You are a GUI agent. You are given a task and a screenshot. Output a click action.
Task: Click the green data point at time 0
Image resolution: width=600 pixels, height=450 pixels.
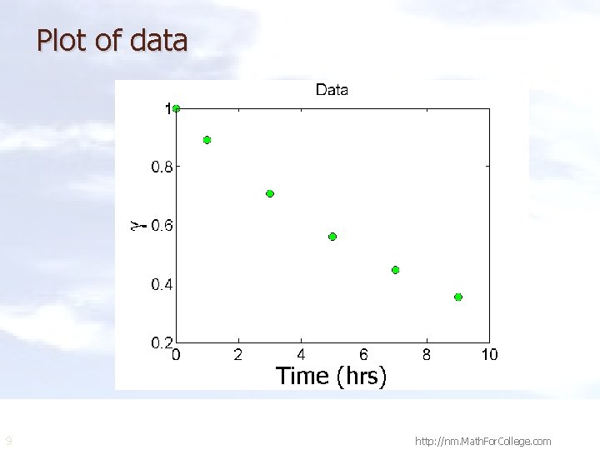pyautogui.click(x=176, y=108)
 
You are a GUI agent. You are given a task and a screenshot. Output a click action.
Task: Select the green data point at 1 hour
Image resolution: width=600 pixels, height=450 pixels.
pyautogui.click(x=207, y=140)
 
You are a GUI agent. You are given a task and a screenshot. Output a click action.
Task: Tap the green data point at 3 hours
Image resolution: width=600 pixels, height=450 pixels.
pyautogui.click(x=270, y=193)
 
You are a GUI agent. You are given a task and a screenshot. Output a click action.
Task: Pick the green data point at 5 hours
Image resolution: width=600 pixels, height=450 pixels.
pyautogui.click(x=332, y=237)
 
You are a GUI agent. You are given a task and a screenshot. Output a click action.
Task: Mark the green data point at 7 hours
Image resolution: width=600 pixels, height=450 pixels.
pyautogui.click(x=395, y=270)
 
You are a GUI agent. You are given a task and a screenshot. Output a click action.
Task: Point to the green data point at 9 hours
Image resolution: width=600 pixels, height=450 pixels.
pyautogui.click(x=458, y=297)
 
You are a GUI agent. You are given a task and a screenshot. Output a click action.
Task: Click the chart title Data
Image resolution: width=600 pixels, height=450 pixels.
pyautogui.click(x=332, y=90)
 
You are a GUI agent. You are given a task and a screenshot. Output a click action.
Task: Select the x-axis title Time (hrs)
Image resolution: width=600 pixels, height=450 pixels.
pyautogui.click(x=332, y=377)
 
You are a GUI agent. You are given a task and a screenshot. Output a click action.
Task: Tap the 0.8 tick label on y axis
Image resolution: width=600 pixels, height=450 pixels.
pyautogui.click(x=162, y=167)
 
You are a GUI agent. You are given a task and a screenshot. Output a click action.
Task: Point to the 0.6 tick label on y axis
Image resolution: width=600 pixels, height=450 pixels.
pyautogui.click(x=162, y=226)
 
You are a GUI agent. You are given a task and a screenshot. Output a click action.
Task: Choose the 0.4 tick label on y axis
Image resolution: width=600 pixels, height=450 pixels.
pyautogui.click(x=162, y=285)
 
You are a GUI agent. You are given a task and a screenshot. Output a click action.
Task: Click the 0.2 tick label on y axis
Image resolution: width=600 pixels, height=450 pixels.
pyautogui.click(x=162, y=343)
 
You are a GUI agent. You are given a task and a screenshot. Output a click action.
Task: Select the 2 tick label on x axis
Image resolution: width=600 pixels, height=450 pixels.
pyautogui.click(x=238, y=355)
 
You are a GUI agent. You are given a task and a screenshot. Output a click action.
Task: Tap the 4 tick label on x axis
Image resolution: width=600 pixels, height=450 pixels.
pyautogui.click(x=301, y=355)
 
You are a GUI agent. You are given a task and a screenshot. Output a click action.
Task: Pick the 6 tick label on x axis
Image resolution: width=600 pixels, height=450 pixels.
pyautogui.click(x=364, y=355)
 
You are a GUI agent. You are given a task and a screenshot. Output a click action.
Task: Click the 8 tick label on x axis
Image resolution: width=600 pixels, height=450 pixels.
pyautogui.click(x=427, y=355)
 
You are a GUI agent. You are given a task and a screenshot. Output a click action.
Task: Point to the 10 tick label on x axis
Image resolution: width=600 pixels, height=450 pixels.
pyautogui.click(x=489, y=355)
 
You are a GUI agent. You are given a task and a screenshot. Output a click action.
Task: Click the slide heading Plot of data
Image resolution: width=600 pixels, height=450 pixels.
pyautogui.click(x=112, y=40)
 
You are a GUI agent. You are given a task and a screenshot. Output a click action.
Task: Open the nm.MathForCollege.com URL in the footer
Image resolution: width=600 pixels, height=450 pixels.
pyautogui.click(x=482, y=441)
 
